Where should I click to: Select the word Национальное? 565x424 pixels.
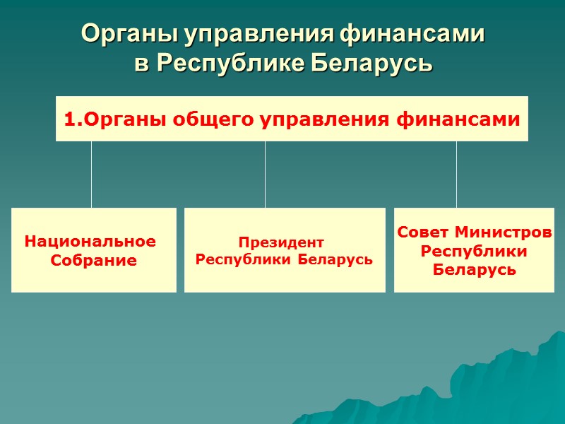[x=90, y=241]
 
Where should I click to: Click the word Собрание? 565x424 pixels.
[x=94, y=261]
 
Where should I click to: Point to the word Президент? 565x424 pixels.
[x=280, y=241]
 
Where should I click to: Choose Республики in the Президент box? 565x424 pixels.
[x=244, y=259]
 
